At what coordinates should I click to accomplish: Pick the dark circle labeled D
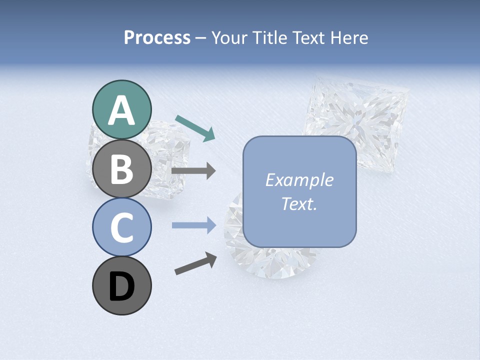pyautogui.click(x=122, y=285)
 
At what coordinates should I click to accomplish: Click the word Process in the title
pyautogui.click(x=157, y=38)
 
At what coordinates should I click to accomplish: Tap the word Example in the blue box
pyautogui.click(x=299, y=180)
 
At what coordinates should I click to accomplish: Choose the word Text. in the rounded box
pyautogui.click(x=299, y=203)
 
